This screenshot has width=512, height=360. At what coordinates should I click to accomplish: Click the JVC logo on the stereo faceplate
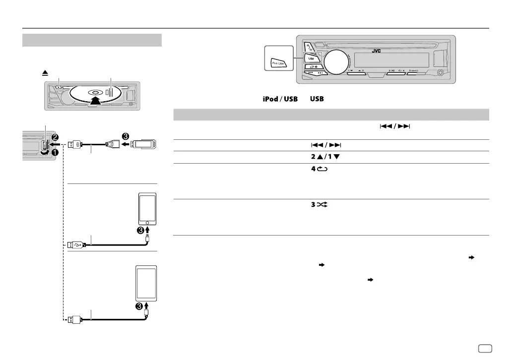click(x=377, y=50)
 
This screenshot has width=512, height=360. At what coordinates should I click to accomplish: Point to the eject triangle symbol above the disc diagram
click(x=45, y=72)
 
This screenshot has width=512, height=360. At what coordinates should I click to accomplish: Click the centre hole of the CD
click(x=94, y=92)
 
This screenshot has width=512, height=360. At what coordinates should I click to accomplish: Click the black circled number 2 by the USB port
click(x=55, y=136)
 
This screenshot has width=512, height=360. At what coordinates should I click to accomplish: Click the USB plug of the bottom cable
click(x=72, y=319)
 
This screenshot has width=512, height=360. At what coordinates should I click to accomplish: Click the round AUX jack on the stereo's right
click(x=440, y=74)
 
